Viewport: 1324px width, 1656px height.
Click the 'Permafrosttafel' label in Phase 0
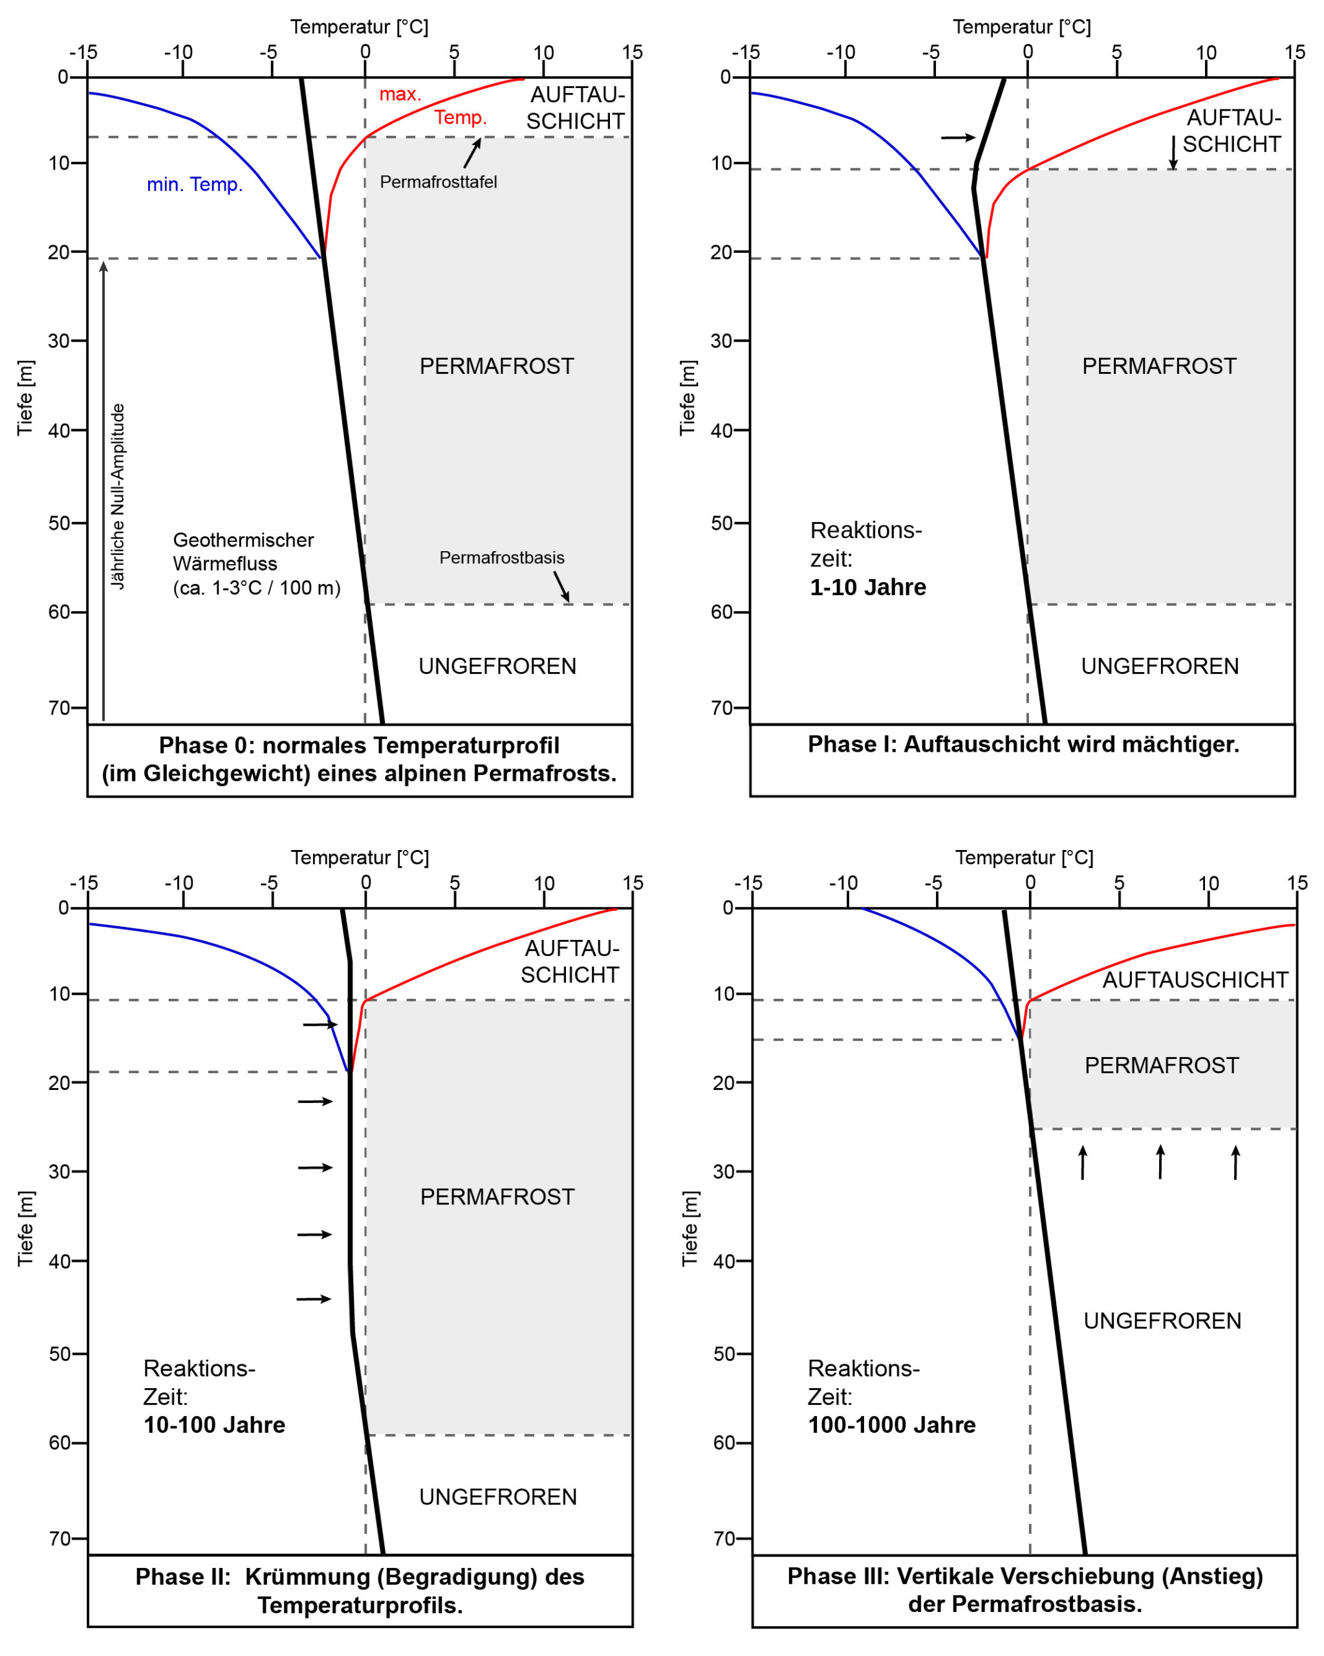click(438, 182)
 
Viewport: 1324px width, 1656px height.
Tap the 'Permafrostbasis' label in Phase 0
click(501, 558)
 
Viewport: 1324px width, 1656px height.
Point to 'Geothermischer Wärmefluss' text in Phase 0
click(243, 552)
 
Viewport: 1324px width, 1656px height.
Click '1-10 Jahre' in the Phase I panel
click(867, 587)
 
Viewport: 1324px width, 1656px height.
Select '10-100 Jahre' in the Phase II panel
click(214, 1425)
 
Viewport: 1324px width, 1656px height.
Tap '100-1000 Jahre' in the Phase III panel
click(891, 1425)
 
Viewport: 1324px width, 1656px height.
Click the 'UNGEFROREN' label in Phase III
click(1161, 1321)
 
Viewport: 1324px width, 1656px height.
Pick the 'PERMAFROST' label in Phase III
click(1161, 1065)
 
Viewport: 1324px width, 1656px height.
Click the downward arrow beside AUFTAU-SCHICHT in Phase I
click(1173, 152)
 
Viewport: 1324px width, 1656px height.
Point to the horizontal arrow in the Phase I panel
click(958, 138)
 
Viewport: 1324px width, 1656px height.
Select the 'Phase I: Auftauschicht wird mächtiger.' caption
click(1023, 745)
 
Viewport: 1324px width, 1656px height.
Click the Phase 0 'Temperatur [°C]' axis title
click(358, 27)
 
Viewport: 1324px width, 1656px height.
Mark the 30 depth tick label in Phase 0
click(58, 340)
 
